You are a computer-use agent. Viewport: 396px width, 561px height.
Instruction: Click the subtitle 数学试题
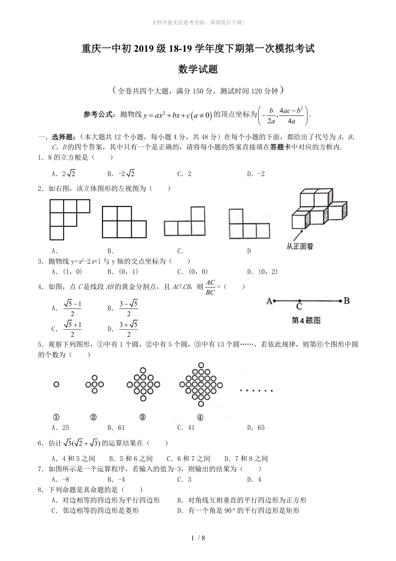click(x=198, y=69)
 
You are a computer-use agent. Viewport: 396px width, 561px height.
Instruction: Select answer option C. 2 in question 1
click(x=184, y=174)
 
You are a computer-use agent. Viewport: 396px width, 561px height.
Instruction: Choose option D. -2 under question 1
click(x=256, y=174)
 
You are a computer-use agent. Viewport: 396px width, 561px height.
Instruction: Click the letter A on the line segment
click(x=269, y=301)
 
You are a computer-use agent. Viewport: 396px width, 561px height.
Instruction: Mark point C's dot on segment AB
click(x=299, y=301)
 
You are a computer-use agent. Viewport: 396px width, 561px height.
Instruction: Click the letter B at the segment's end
click(x=346, y=301)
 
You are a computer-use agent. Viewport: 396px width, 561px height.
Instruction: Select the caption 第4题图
click(x=306, y=320)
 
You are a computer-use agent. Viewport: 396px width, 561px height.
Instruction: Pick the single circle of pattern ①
click(x=56, y=384)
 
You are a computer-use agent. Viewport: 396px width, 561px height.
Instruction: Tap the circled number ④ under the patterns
click(x=200, y=417)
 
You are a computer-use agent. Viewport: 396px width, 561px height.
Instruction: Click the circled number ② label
click(x=93, y=417)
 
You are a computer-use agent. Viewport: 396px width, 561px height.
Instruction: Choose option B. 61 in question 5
click(x=116, y=428)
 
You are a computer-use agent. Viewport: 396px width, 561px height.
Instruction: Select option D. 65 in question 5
click(x=256, y=428)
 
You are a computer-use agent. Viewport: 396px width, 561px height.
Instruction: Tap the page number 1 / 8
click(x=198, y=537)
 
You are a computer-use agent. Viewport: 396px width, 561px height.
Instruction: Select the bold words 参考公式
click(x=99, y=114)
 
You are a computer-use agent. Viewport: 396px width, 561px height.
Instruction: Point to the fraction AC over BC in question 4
click(x=210, y=287)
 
